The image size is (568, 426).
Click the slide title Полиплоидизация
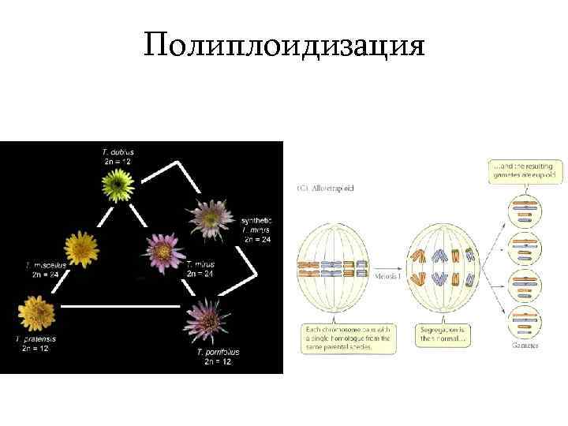tap(284, 47)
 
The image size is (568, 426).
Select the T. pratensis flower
tap(33, 313)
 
